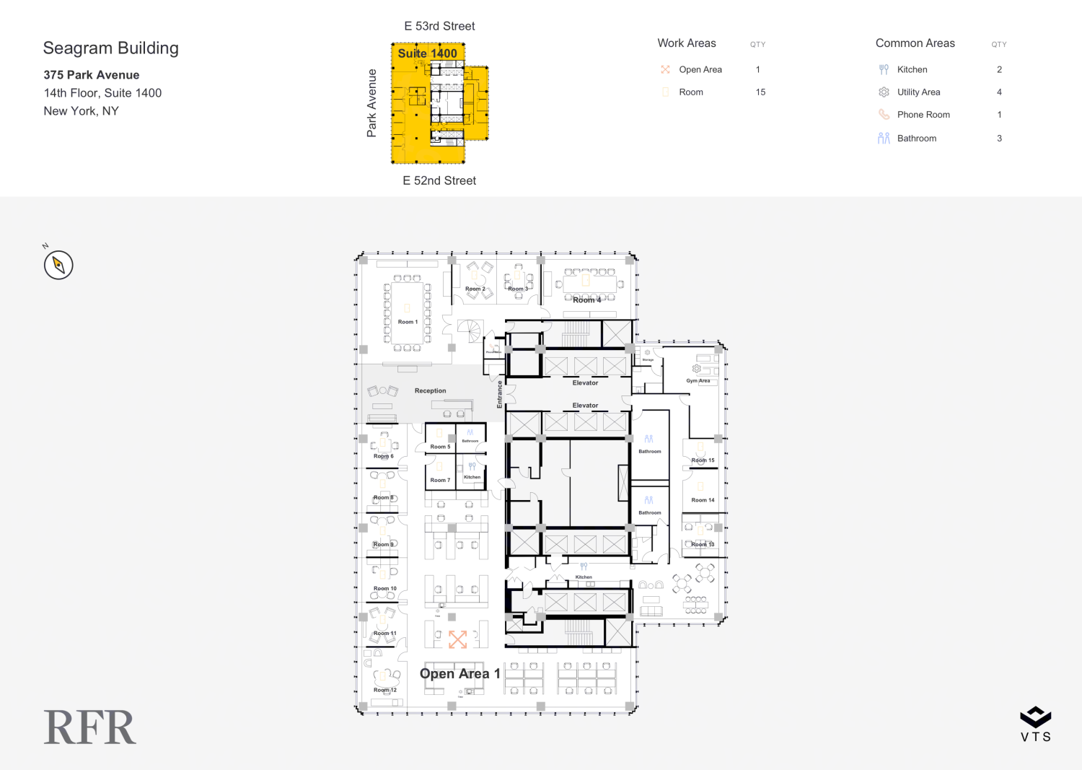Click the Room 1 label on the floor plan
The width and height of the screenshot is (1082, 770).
pos(408,322)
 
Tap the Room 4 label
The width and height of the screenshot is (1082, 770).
pos(586,300)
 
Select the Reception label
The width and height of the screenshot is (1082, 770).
pos(430,390)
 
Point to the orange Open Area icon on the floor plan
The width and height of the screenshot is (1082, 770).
pos(458,639)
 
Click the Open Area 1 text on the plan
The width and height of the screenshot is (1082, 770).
pos(459,673)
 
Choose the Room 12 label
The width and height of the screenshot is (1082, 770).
pos(385,690)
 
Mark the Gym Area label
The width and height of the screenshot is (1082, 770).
pos(698,380)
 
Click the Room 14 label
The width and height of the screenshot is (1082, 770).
pos(703,499)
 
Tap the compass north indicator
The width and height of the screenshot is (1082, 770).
pos(58,264)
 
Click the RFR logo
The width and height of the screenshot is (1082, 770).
pos(90,727)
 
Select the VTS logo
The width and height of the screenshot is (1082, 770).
pos(1035,724)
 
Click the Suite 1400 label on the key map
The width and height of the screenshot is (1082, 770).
pos(427,53)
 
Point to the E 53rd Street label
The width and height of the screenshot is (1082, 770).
pos(439,26)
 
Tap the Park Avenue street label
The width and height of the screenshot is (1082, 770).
pos(371,103)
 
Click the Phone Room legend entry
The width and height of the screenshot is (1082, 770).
pos(923,115)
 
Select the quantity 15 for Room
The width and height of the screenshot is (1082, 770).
pos(760,92)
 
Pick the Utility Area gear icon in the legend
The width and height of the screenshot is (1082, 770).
pos(884,92)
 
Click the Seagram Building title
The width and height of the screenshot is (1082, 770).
pos(111,48)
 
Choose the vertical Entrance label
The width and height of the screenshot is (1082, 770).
pos(499,395)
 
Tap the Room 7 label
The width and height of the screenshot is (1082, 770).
pos(440,480)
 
